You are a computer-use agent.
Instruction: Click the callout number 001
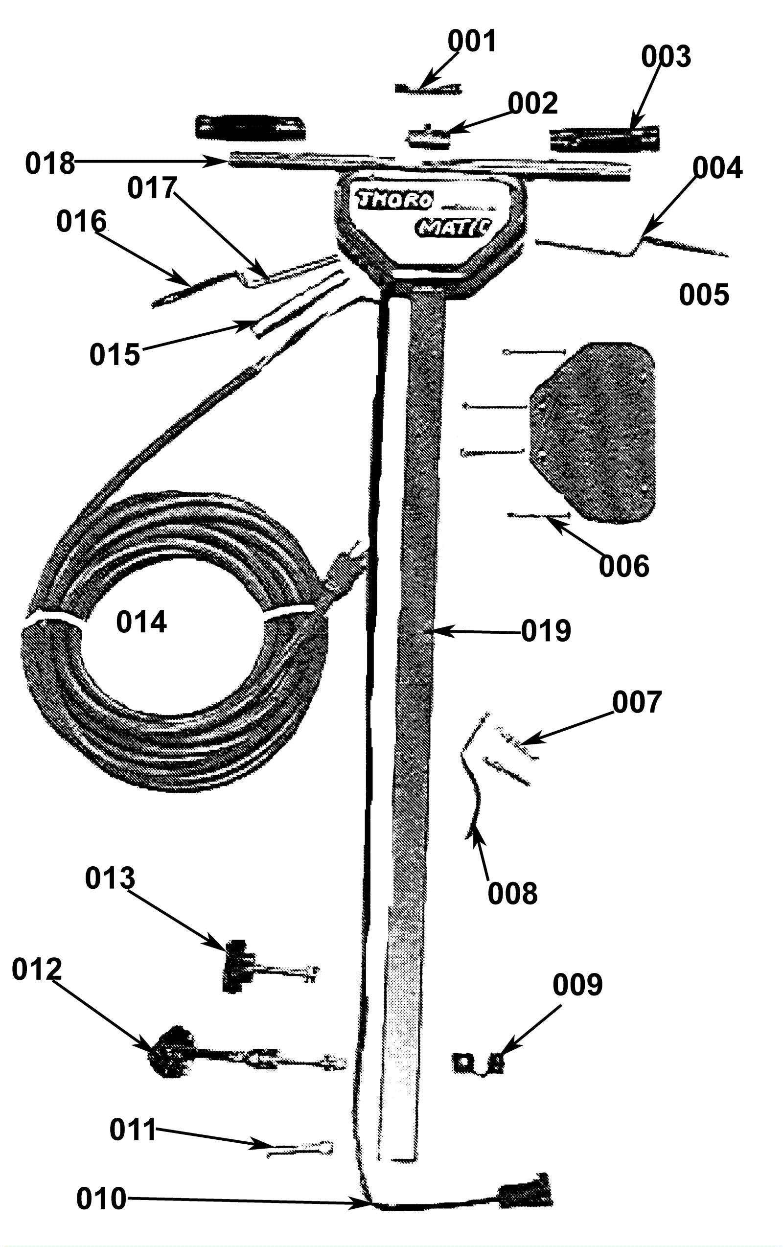pyautogui.click(x=472, y=42)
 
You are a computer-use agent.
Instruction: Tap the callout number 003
pyautogui.click(x=666, y=56)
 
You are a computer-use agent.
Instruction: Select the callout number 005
pyautogui.click(x=704, y=295)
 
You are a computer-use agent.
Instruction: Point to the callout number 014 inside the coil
pyautogui.click(x=141, y=622)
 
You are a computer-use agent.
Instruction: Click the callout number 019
pyautogui.click(x=546, y=631)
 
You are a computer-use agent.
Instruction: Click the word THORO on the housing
pyautogui.click(x=394, y=199)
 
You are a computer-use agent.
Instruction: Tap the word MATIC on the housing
pyautogui.click(x=453, y=227)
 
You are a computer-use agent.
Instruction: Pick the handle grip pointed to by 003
pyautogui.click(x=604, y=139)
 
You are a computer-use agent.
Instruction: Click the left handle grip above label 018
pyautogui.click(x=250, y=127)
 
